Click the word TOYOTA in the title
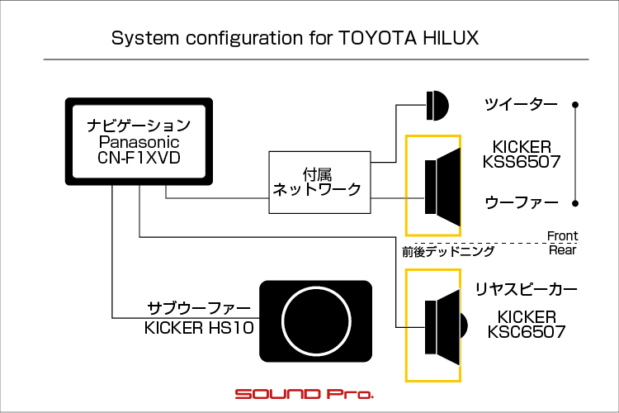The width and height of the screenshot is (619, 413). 377,38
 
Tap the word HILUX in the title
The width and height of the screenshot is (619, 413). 451,38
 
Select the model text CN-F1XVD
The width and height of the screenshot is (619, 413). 139,158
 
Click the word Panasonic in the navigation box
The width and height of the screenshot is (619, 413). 139,142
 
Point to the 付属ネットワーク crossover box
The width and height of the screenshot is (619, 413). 319,183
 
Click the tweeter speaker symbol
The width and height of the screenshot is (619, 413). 437,106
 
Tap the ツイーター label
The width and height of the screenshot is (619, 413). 521,105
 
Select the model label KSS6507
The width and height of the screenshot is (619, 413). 522,162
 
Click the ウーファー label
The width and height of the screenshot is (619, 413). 522,202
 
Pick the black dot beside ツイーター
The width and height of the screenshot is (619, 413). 575,105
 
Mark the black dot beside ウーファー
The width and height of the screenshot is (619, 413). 575,203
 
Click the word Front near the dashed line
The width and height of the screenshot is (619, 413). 563,236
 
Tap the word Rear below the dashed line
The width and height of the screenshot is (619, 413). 563,250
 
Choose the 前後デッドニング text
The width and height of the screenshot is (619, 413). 448,252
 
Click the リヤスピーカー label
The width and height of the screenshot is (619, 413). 527,289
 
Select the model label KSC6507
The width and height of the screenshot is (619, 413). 527,331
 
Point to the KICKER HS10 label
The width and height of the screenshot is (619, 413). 199,328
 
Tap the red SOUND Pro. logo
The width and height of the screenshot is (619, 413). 304,394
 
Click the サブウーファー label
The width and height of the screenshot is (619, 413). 199,308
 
